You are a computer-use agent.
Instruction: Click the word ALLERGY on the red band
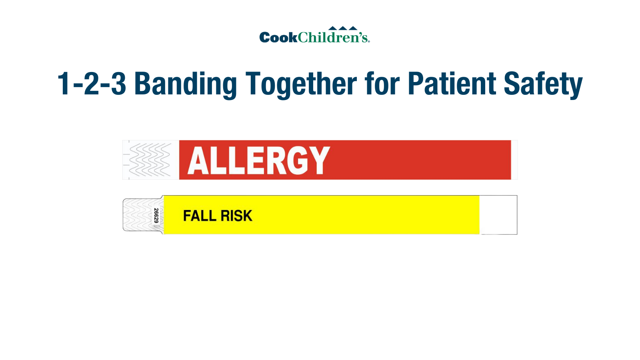tap(258, 160)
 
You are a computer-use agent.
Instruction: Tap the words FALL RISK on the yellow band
tap(218, 216)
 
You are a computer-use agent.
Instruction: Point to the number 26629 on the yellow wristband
tap(156, 216)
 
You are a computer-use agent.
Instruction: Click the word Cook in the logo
tap(278, 38)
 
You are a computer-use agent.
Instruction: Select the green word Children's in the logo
tap(333, 37)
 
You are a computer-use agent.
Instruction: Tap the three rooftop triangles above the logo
tap(343, 28)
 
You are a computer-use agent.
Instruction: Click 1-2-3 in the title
tap(92, 84)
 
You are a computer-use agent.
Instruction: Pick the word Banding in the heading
tap(186, 84)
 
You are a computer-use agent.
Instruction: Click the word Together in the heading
tap(301, 84)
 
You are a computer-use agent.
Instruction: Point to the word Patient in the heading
tap(452, 84)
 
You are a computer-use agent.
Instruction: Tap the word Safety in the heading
tap(543, 84)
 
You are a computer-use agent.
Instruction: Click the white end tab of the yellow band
tap(498, 215)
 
